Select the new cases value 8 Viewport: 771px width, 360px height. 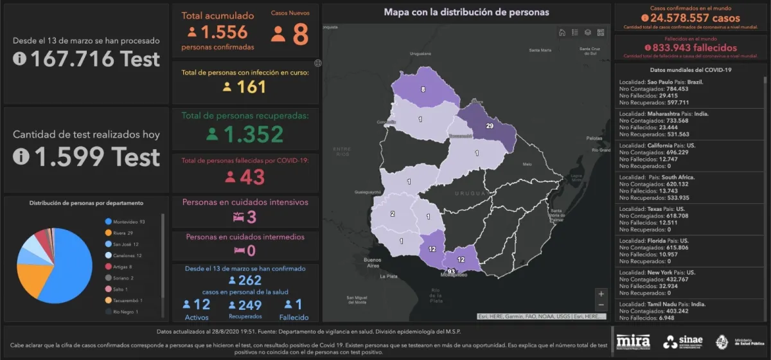pyautogui.click(x=300, y=35)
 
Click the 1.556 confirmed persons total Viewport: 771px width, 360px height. pyautogui.click(x=224, y=33)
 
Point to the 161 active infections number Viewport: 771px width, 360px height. pyautogui.click(x=251, y=87)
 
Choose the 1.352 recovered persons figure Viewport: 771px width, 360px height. pyautogui.click(x=253, y=134)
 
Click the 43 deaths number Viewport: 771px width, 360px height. pyautogui.click(x=252, y=177)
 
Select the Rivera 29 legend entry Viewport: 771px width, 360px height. pyautogui.click(x=123, y=233)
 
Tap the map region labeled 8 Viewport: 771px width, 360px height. pyautogui.click(x=423, y=89)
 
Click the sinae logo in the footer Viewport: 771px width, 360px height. pyautogui.click(x=682, y=341)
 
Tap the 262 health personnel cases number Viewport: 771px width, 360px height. pyautogui.click(x=249, y=280)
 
